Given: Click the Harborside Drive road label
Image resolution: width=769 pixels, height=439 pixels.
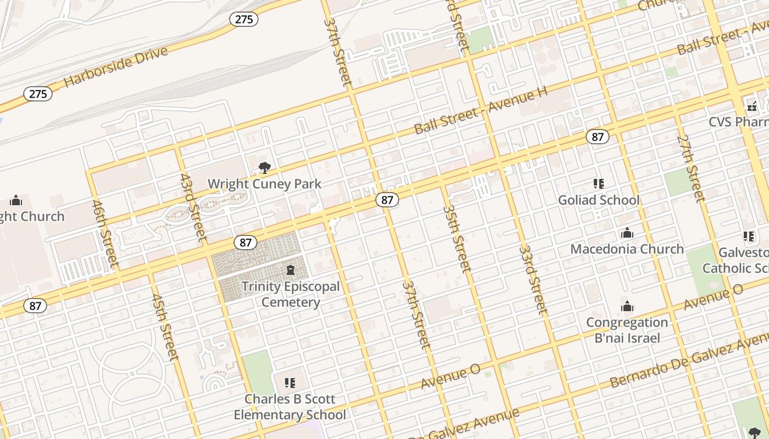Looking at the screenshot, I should pyautogui.click(x=116, y=66).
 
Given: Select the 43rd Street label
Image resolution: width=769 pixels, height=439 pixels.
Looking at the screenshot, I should pyautogui.click(x=194, y=207).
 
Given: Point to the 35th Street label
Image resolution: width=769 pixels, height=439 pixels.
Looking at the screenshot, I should pyautogui.click(x=457, y=238).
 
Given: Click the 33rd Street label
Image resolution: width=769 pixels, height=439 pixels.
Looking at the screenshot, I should pyautogui.click(x=533, y=279).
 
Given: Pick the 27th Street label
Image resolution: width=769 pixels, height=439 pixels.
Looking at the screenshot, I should pyautogui.click(x=690, y=168).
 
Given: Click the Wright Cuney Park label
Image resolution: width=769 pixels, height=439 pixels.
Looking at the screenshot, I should pyautogui.click(x=264, y=184).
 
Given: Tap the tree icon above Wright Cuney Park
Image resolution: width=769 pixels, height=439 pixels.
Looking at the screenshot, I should pyautogui.click(x=264, y=167).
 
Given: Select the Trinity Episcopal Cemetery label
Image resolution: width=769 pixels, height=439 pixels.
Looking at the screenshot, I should pyautogui.click(x=290, y=294).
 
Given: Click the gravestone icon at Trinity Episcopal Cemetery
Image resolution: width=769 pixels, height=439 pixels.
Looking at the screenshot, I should pyautogui.click(x=290, y=269).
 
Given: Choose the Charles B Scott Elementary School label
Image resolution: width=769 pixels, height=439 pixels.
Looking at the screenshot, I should pyautogui.click(x=290, y=407).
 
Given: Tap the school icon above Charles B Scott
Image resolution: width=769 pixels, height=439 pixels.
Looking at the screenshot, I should pyautogui.click(x=290, y=382).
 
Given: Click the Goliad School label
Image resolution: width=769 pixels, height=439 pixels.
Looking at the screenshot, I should pyautogui.click(x=599, y=200).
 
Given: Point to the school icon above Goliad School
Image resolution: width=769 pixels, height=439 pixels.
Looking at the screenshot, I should pyautogui.click(x=599, y=183).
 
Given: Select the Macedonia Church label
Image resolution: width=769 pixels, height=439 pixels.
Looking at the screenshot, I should pyautogui.click(x=627, y=249).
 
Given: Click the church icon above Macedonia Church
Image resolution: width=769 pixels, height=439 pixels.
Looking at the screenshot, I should pyautogui.click(x=627, y=233).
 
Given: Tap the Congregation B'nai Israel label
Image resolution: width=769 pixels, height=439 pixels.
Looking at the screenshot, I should pyautogui.click(x=627, y=330).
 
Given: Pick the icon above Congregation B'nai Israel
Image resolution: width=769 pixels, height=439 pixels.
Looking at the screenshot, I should pyautogui.click(x=627, y=306).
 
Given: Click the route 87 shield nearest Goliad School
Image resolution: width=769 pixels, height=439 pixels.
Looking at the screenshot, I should pyautogui.click(x=597, y=137).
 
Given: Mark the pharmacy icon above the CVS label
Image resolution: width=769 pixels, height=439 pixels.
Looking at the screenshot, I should pyautogui.click(x=751, y=106).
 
